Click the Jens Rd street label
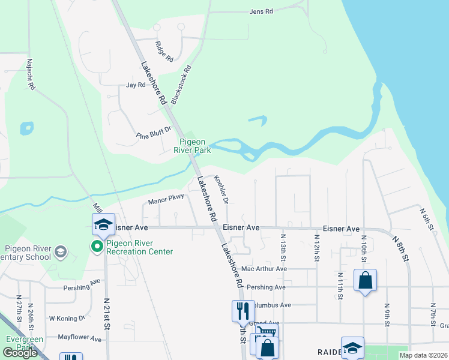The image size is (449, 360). click(261, 11)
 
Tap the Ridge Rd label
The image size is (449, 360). click(164, 52)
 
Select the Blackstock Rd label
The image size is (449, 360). click(181, 85)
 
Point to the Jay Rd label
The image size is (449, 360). click(136, 85)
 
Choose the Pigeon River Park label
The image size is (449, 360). click(194, 146)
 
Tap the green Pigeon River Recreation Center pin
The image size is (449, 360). click(96, 247)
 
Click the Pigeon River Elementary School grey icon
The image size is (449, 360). click(60, 251)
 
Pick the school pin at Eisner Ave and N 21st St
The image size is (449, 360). click(103, 224)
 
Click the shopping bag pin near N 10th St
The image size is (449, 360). click(365, 281)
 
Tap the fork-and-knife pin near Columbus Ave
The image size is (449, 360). click(243, 310)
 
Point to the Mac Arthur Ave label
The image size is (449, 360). click(264, 269)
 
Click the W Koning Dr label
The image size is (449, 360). click(67, 318)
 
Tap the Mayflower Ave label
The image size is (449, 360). click(80, 338)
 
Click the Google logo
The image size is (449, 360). click(20, 353)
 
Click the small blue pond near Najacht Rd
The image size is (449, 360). click(26, 128)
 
